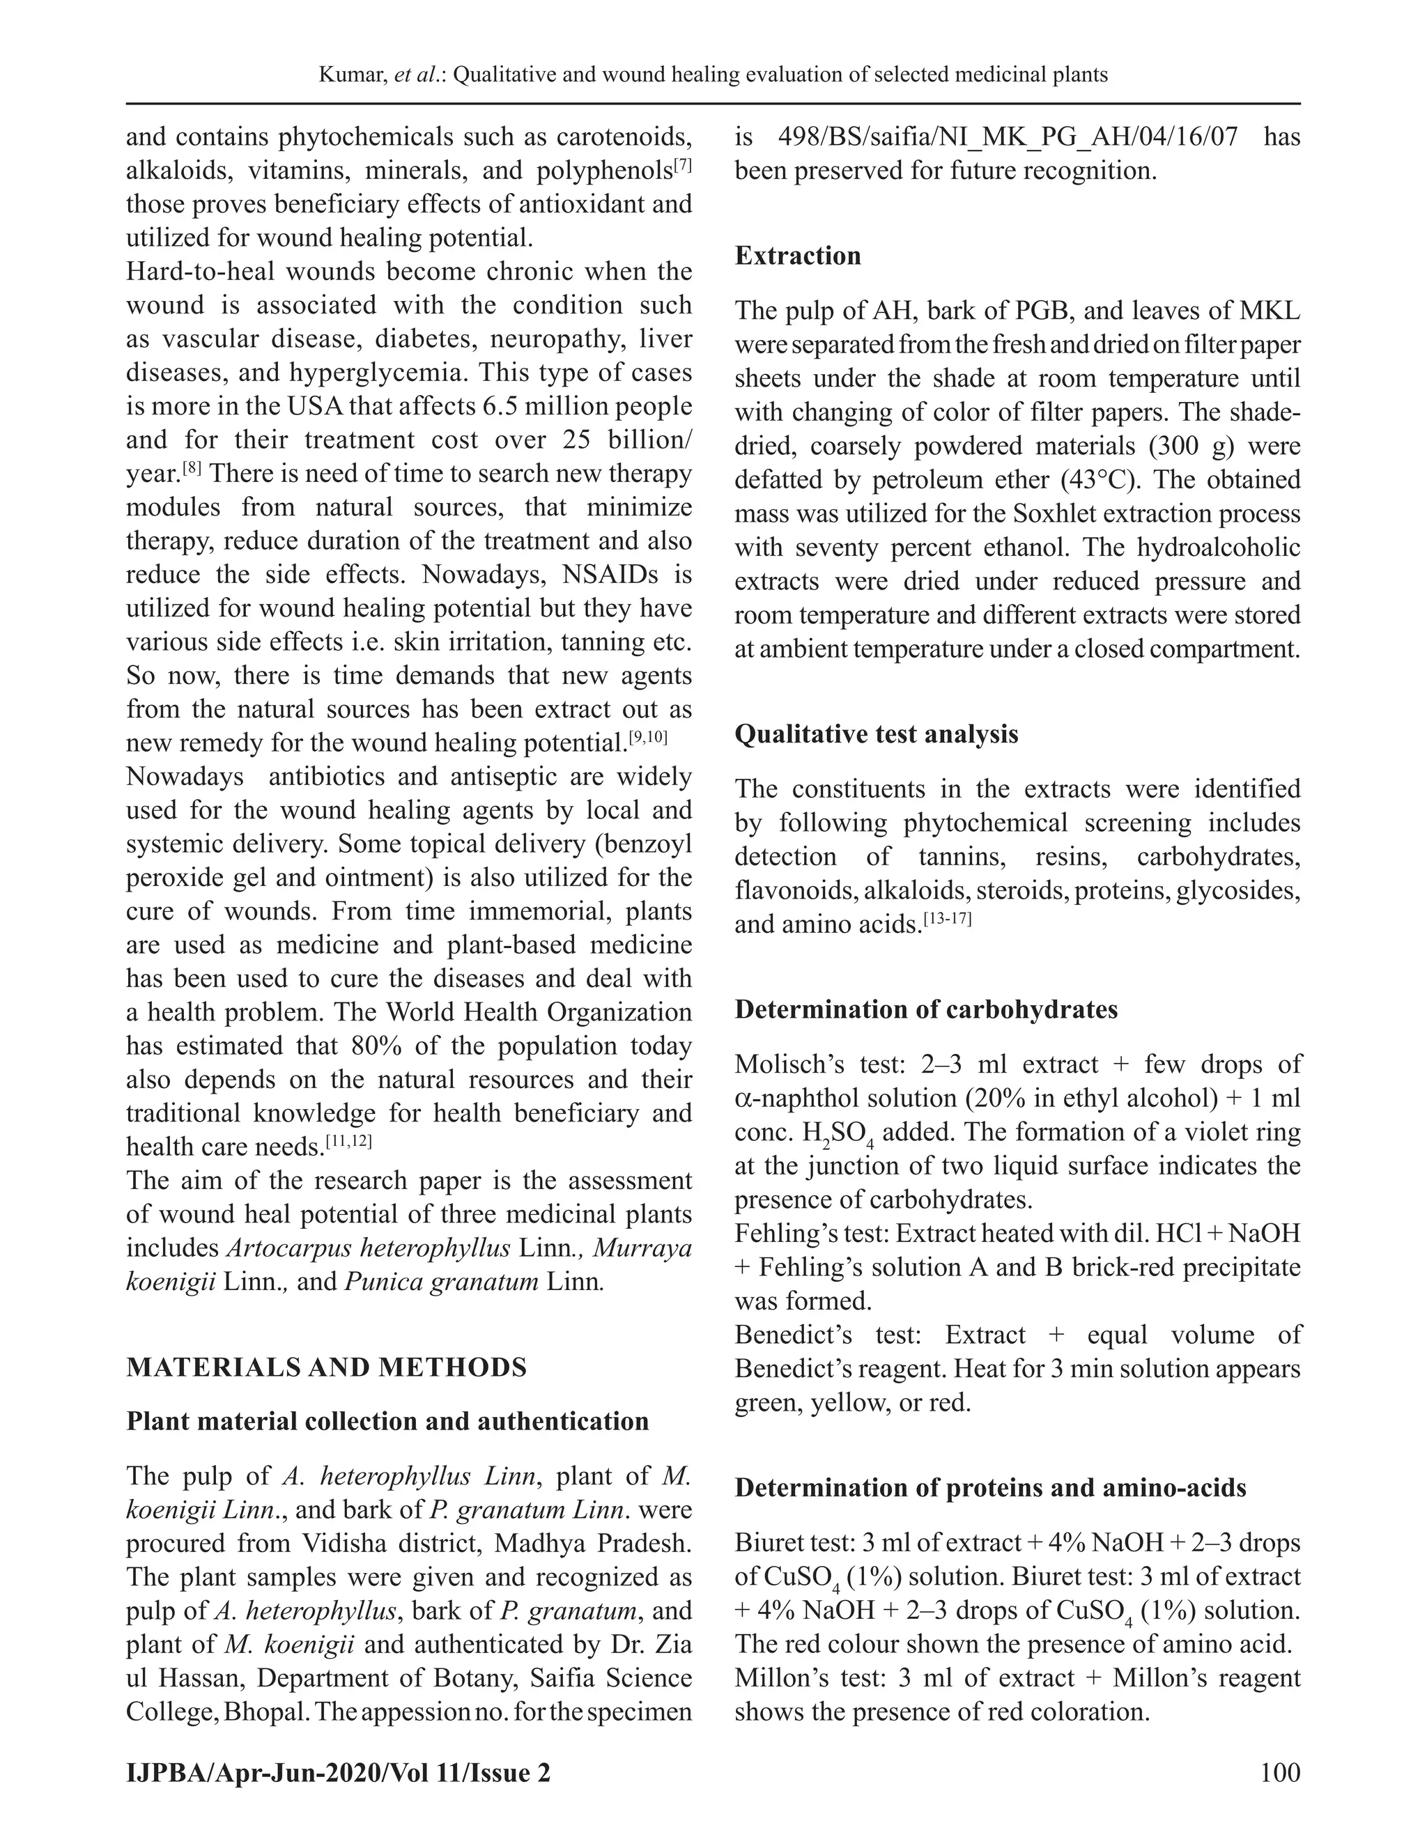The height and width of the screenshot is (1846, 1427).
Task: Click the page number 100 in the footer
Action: tap(1279, 1771)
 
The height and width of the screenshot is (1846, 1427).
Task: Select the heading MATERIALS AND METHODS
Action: tap(326, 1367)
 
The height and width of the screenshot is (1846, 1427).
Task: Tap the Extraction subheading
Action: tap(797, 255)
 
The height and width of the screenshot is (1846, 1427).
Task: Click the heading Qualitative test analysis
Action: tap(876, 734)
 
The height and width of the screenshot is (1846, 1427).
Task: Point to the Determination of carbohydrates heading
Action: tap(926, 1009)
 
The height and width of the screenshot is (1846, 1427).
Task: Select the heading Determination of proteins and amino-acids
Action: tap(990, 1488)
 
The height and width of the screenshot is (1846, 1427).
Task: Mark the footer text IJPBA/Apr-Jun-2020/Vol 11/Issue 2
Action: tap(338, 1771)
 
